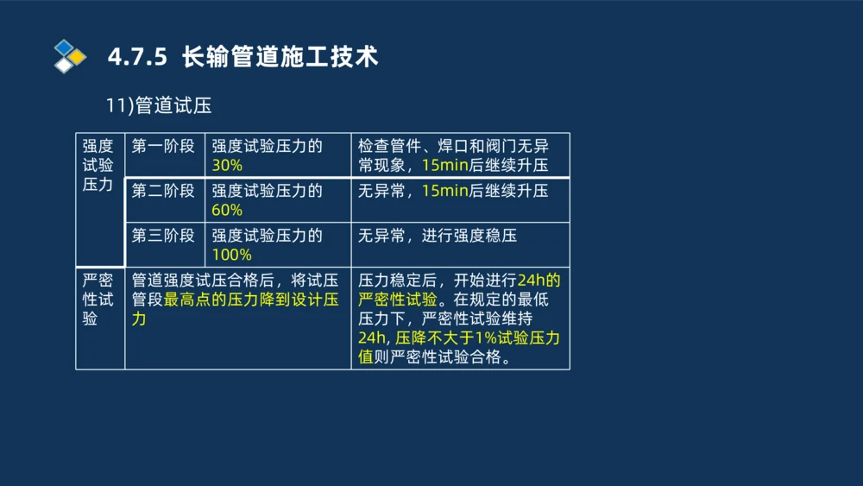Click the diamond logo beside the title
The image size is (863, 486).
coord(70,56)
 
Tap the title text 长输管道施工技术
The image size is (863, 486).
coord(280,57)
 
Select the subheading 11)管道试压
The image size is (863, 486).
coord(159,105)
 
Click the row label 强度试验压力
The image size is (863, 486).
coord(98,165)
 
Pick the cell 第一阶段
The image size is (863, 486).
coord(163,146)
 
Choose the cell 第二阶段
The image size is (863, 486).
coord(163,191)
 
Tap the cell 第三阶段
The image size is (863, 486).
coord(163,236)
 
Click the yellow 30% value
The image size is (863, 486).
coord(227,166)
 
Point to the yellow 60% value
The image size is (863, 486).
coord(227,211)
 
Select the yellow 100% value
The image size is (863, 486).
coord(231,256)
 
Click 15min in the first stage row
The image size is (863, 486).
coord(444,166)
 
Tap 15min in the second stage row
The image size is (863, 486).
coord(444,191)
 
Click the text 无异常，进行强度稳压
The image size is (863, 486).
coord(438,236)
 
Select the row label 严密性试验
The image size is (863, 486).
coord(98,300)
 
